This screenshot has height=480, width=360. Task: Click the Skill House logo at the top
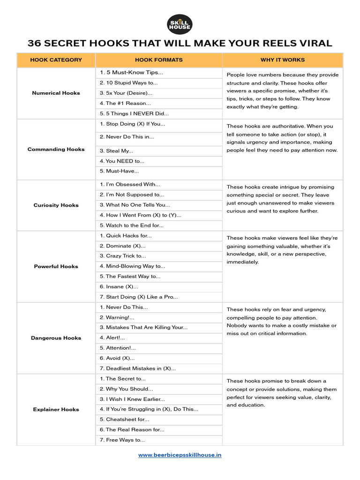180,24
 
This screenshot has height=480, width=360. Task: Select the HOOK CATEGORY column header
56,60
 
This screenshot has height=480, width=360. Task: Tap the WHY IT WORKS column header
282,60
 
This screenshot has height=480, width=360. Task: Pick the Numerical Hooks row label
56,93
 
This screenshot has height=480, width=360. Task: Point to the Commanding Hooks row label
56,150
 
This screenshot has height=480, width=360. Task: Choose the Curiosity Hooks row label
56,205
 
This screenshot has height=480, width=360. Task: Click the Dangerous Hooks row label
56,338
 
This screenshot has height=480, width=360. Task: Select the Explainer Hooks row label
56,410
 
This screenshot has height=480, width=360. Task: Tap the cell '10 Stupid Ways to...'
129,83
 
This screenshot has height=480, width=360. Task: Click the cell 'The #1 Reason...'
126,103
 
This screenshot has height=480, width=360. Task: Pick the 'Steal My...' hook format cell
117,151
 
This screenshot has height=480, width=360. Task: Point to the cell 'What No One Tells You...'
135,205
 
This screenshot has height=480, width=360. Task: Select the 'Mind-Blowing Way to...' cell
132,266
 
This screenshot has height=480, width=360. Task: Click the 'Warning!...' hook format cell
117,317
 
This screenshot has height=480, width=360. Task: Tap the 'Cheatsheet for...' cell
125,420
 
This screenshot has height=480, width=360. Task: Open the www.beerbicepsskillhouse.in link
180,455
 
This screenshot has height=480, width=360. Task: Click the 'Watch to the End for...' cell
132,225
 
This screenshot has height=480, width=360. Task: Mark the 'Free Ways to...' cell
122,440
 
